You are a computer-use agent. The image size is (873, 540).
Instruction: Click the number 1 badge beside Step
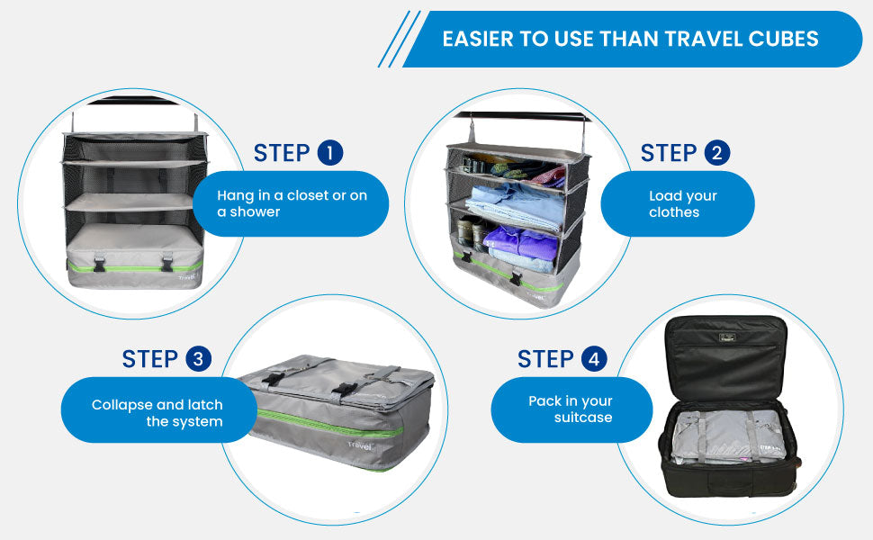pyautogui.click(x=330, y=153)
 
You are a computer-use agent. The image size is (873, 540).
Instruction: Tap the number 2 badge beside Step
pyautogui.click(x=717, y=154)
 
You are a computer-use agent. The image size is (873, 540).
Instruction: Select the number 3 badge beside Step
pyautogui.click(x=199, y=359)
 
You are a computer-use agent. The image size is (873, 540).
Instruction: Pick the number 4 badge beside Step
pyautogui.click(x=593, y=360)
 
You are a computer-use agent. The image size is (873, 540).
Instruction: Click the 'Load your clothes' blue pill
pyautogui.click(x=677, y=204)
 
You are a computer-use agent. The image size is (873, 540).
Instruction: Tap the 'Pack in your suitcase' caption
pyautogui.click(x=571, y=409)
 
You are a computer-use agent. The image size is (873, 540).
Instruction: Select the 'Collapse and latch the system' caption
pyautogui.click(x=157, y=413)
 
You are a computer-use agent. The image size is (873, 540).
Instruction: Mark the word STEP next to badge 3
pyautogui.click(x=149, y=359)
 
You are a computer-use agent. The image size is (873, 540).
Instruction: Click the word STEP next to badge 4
pyautogui.click(x=545, y=360)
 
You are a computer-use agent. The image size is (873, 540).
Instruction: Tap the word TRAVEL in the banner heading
pyautogui.click(x=692, y=39)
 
